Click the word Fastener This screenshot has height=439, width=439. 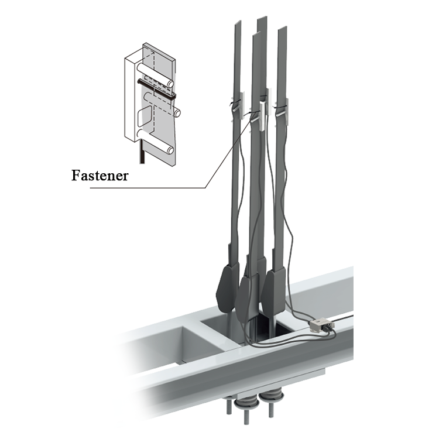[100, 176]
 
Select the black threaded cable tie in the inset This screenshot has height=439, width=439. [156, 88]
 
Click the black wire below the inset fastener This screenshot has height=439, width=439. [142, 152]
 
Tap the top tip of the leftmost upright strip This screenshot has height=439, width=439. [238, 22]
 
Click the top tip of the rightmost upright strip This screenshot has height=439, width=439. [283, 29]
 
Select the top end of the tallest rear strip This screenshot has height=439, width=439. [262, 19]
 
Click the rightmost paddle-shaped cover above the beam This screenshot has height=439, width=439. [274, 291]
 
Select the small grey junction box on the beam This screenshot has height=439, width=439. [322, 325]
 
